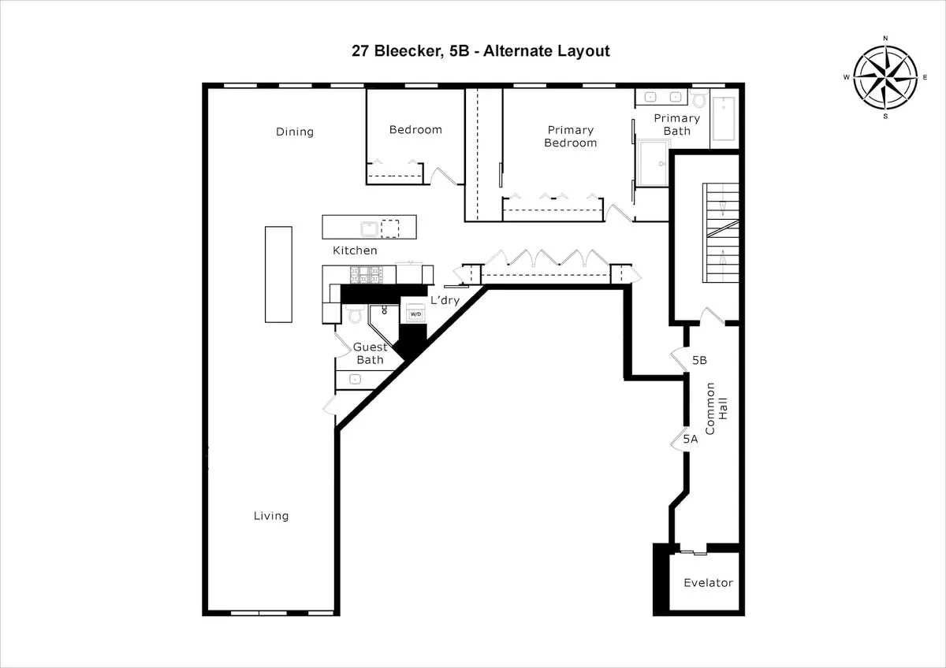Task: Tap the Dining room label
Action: (294, 132)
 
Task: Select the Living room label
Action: (270, 516)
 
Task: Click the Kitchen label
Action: (355, 250)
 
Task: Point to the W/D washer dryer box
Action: (415, 314)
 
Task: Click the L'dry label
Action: (444, 300)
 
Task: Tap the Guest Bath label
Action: (369, 354)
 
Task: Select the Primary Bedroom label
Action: (570, 136)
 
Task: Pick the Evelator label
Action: (708, 583)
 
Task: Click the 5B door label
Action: (699, 360)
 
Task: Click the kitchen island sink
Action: (369, 228)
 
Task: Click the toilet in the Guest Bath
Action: (354, 315)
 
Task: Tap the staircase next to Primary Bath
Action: (721, 236)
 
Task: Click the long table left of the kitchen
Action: (278, 274)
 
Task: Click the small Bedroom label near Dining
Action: (415, 130)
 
